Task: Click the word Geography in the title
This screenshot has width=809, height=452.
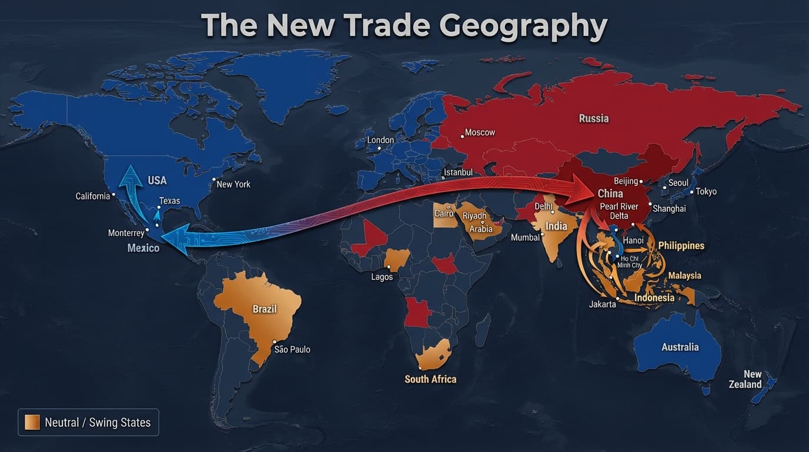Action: pos(523,26)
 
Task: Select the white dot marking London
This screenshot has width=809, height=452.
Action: pos(379,148)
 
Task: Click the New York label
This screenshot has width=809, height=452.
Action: pos(233,184)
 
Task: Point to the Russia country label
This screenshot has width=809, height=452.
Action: pos(594,118)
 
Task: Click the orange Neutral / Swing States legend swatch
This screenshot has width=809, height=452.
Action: pos(32,422)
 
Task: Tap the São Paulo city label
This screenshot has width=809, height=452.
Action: pos(292,350)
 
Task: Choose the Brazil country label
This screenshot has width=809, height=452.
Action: pos(265,309)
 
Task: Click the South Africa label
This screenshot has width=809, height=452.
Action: pos(430,379)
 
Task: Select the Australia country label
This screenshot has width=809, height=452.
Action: pos(680,347)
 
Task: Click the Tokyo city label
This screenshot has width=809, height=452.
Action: pos(706,192)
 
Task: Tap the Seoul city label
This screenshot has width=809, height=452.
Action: pos(678,183)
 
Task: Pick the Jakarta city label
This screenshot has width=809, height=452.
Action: pos(603,304)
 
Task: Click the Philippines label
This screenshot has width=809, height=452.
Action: pos(681,245)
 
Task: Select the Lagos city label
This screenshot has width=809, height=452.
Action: pos(382,277)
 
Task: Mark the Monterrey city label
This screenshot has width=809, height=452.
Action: pos(126,233)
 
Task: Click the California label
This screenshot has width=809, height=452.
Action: pos(93,196)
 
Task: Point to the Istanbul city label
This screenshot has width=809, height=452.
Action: pos(458,172)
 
